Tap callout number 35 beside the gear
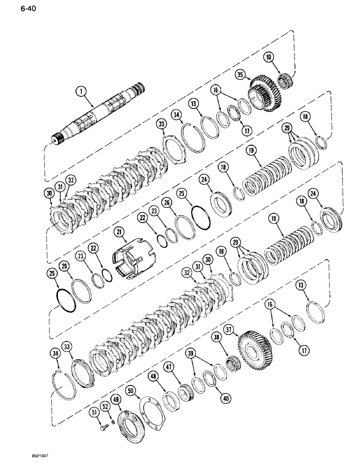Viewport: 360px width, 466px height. (x=240, y=74)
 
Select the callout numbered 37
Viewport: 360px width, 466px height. (x=229, y=330)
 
